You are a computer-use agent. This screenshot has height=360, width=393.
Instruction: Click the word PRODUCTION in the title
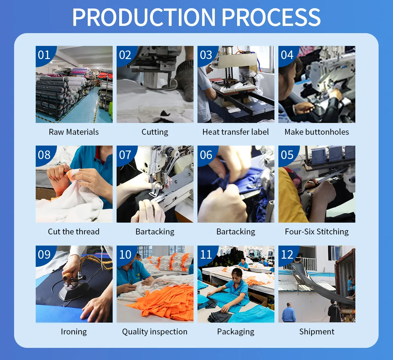[144, 17]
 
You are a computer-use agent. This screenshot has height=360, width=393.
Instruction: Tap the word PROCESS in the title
[271, 17]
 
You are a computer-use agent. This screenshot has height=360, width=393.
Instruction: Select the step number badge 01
[44, 55]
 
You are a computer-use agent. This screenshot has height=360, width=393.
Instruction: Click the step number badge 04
[287, 55]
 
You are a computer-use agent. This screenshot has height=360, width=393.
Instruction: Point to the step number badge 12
[287, 254]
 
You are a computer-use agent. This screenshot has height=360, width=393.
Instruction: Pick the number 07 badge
[125, 155]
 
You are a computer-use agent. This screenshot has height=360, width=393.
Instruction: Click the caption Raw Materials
[74, 132]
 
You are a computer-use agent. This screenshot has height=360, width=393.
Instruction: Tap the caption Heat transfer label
[235, 132]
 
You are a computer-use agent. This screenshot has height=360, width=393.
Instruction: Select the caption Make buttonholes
[317, 132]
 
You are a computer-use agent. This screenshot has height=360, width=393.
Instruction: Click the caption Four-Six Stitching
[317, 232]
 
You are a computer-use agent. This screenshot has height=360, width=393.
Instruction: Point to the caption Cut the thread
[74, 231]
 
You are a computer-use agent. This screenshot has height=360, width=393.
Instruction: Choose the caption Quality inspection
[155, 331]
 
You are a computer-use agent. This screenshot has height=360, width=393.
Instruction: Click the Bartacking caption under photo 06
[236, 232]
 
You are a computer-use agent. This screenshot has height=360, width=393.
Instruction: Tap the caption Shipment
[317, 331]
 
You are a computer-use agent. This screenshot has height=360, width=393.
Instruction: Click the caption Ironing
[74, 331]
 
